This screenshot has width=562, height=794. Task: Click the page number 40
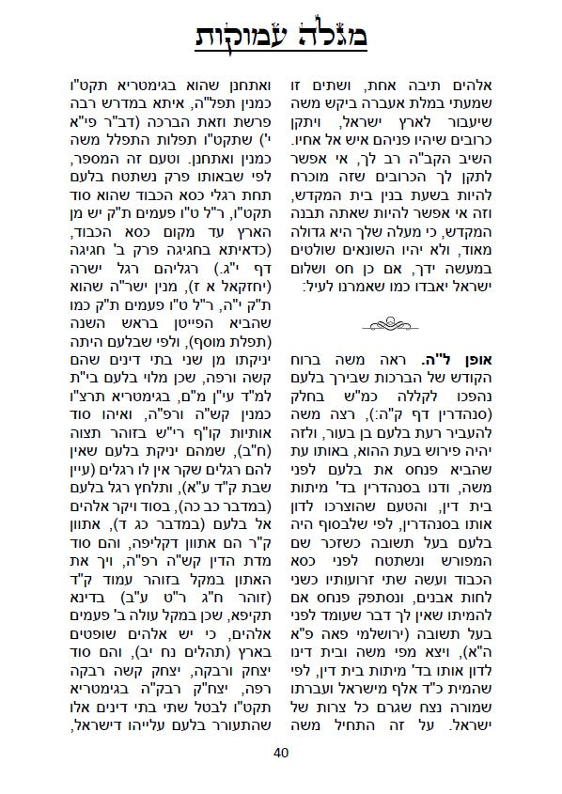(281, 752)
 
